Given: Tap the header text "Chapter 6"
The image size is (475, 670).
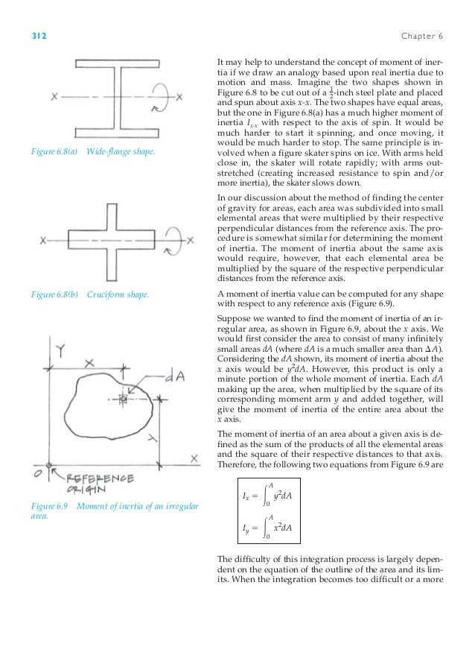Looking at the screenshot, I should pos(422,35).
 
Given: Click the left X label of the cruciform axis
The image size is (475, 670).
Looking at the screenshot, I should pos(44,239).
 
